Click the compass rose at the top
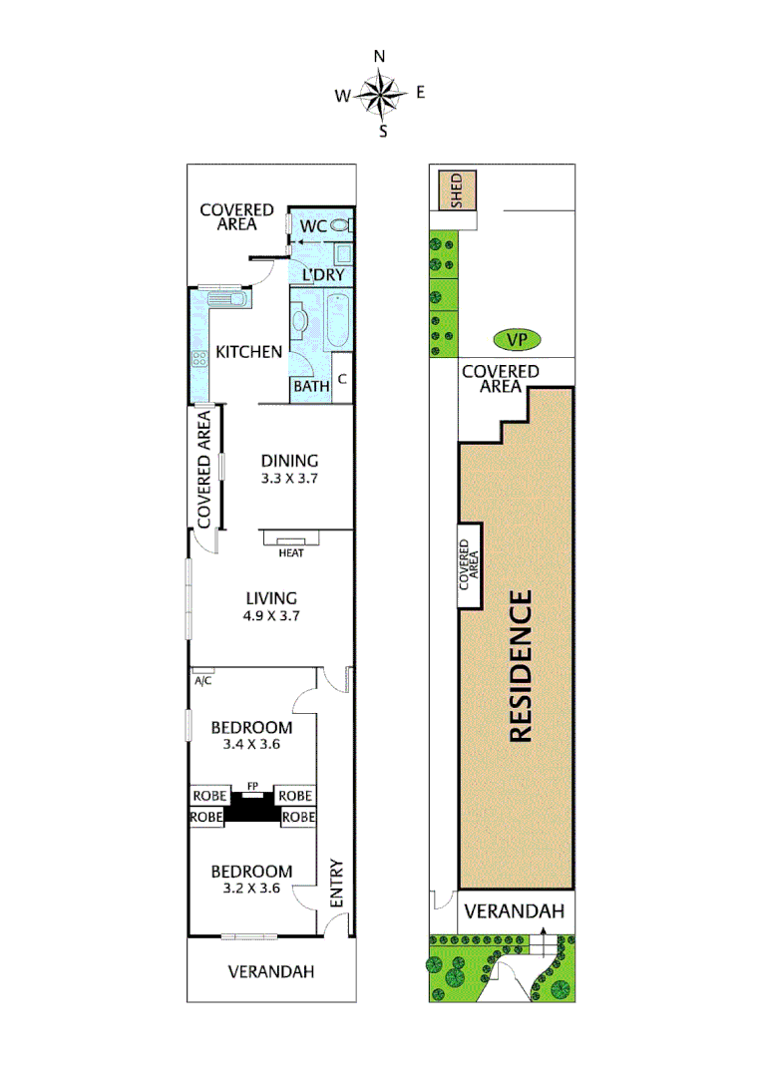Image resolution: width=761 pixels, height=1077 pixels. click(x=380, y=95)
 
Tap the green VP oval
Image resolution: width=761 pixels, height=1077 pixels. click(x=516, y=340)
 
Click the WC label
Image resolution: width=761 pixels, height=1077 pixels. click(x=313, y=226)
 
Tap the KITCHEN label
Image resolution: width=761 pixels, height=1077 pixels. click(x=249, y=351)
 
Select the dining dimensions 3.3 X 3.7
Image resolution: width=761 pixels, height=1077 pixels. click(x=289, y=478)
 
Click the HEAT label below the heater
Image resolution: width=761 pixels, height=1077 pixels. click(x=291, y=552)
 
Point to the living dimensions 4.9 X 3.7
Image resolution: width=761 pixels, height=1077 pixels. click(x=272, y=615)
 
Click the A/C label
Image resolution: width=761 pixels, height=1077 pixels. click(x=203, y=681)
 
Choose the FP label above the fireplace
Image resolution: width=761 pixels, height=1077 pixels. click(x=253, y=787)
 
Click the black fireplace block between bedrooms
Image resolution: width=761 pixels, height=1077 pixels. click(x=253, y=811)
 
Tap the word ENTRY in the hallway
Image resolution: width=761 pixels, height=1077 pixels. click(x=336, y=883)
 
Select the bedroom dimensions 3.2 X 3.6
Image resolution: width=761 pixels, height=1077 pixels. click(x=251, y=889)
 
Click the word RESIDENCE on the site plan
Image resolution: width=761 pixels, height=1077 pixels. click(x=521, y=666)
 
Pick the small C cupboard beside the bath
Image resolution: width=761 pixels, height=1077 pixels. click(x=341, y=378)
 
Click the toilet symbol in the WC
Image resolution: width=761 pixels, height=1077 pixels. click(x=341, y=226)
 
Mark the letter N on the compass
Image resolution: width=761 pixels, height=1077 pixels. click(x=380, y=57)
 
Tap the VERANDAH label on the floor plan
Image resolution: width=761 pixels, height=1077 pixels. click(x=271, y=970)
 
